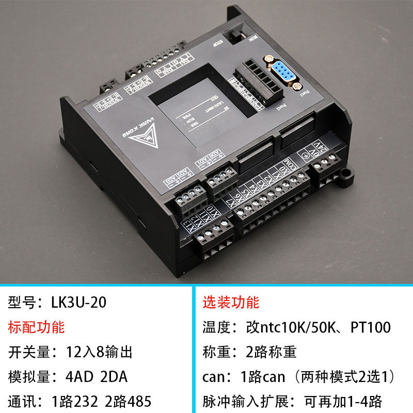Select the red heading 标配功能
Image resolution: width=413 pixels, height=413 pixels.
[x=37, y=327]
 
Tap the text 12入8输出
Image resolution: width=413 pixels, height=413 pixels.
[x=99, y=352]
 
